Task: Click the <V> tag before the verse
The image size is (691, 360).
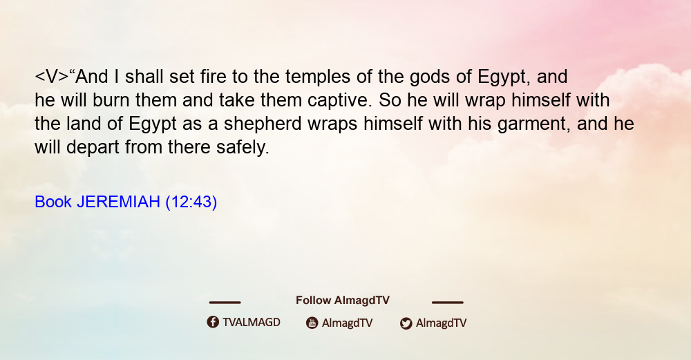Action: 52,77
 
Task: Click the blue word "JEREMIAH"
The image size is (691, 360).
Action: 118,202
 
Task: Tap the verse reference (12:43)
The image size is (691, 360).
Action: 191,202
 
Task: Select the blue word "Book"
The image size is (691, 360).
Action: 53,202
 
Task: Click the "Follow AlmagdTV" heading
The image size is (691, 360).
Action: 343,300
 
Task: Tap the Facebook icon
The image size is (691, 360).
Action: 213,322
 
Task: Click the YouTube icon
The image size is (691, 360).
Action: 312,323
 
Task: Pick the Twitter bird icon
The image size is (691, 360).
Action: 406,323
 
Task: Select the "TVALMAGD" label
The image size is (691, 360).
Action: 252,322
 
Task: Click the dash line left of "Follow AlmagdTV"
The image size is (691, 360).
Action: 225,302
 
